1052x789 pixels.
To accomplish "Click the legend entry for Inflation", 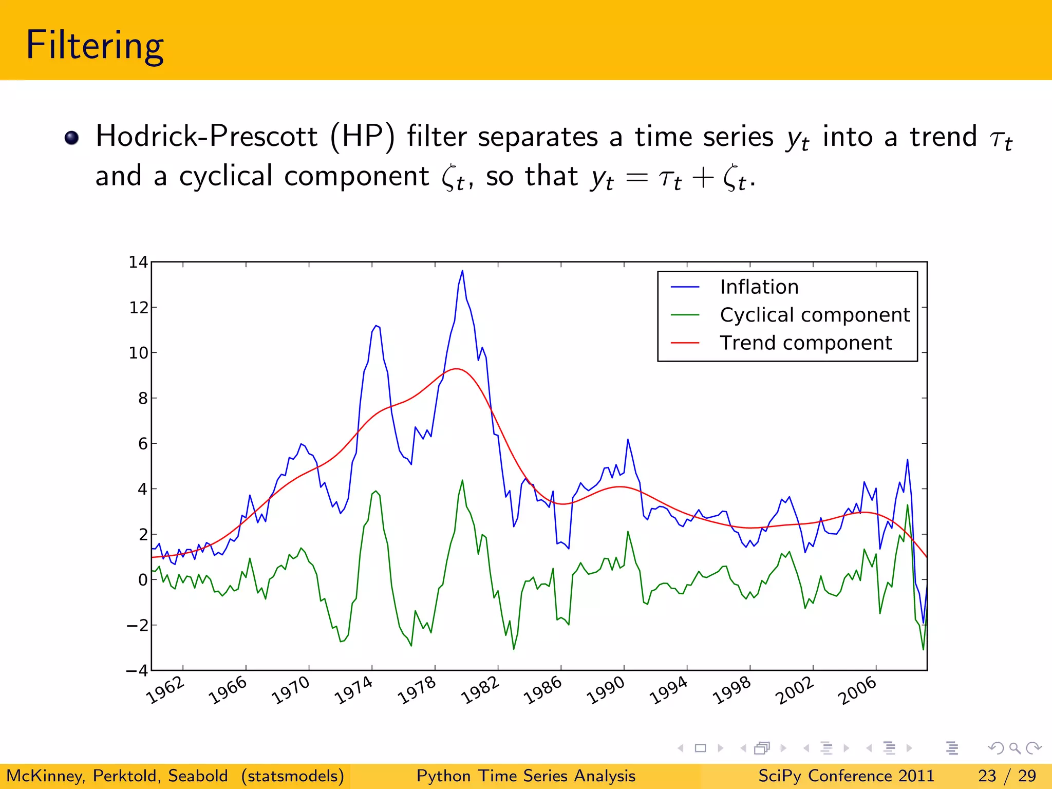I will (759, 287).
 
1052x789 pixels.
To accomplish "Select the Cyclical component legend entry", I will (814, 314).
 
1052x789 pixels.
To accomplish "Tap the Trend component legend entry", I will (805, 343).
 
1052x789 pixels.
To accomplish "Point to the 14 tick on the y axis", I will (138, 262).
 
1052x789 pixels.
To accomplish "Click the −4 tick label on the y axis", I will (137, 670).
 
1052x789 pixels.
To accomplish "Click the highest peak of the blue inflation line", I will (462, 271).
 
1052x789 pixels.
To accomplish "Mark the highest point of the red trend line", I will (456, 369).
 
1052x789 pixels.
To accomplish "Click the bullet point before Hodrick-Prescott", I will (71, 138).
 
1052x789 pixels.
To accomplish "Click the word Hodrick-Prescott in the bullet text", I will (206, 137).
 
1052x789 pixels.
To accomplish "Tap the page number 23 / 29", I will (1006, 776).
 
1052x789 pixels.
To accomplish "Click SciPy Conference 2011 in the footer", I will (846, 776).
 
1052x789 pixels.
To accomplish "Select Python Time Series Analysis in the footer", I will (525, 776).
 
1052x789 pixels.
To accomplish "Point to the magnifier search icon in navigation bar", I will (1015, 748).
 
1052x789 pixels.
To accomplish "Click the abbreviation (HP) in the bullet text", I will (362, 137).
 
